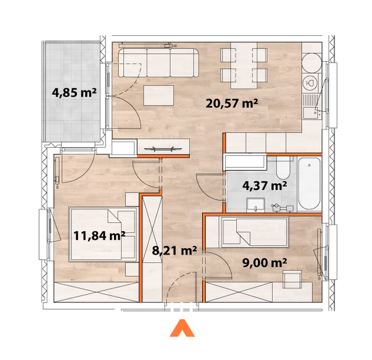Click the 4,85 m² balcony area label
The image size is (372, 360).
click(x=74, y=94)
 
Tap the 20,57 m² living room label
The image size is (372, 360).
click(x=232, y=104)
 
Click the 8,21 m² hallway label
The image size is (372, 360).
click(x=174, y=251)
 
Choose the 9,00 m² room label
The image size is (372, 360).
click(x=263, y=262)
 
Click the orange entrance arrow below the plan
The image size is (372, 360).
click(x=182, y=328)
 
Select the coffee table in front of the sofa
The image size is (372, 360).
click(x=160, y=96)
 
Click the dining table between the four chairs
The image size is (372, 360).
click(x=244, y=65)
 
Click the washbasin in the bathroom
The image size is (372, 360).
click(x=255, y=204)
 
